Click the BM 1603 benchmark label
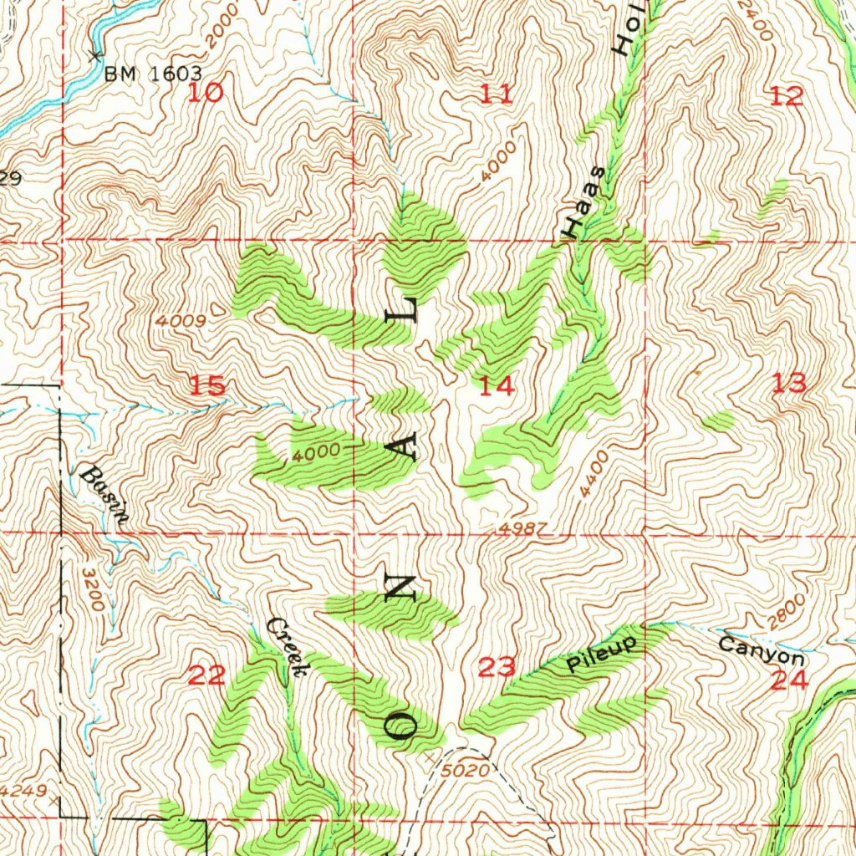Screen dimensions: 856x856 click(153, 74)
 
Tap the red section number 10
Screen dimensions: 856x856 click(205, 92)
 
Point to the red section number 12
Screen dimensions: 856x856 click(787, 96)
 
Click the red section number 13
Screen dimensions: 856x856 click(789, 384)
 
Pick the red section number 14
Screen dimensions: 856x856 click(497, 385)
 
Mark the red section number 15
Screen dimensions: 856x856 click(206, 385)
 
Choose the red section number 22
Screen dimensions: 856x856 click(206, 675)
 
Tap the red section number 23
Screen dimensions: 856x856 click(497, 667)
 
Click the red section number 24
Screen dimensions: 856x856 click(790, 680)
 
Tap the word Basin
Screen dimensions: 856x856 click(104, 495)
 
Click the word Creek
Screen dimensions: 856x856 click(288, 646)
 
